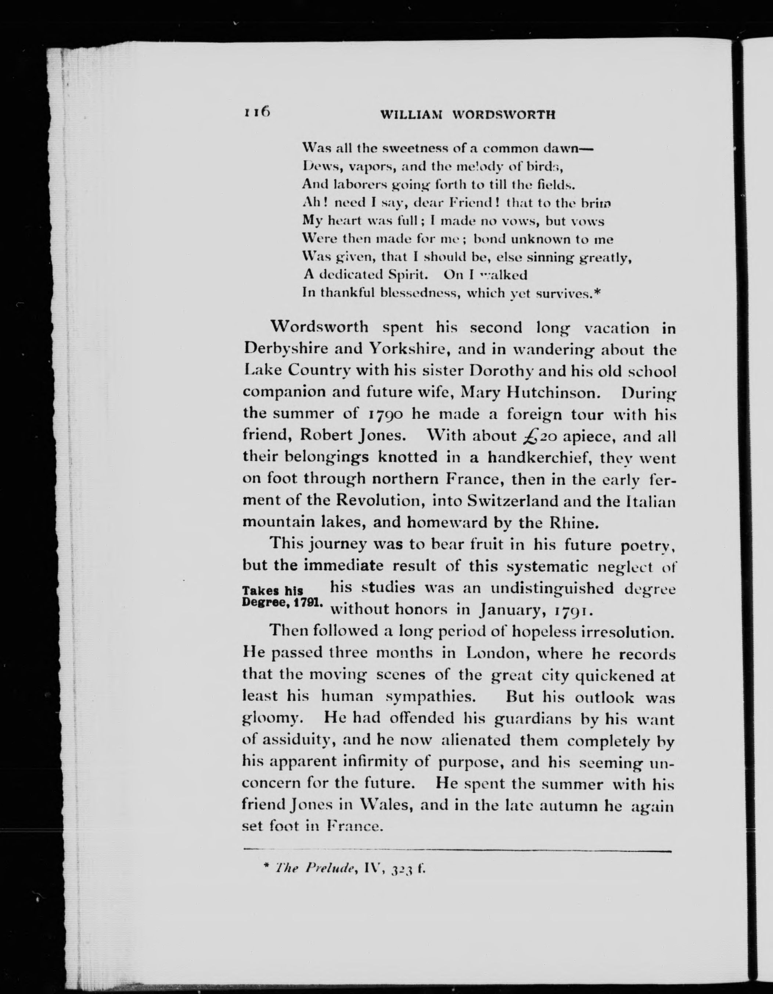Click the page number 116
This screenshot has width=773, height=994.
257,112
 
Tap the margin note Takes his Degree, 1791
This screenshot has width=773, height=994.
283,596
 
